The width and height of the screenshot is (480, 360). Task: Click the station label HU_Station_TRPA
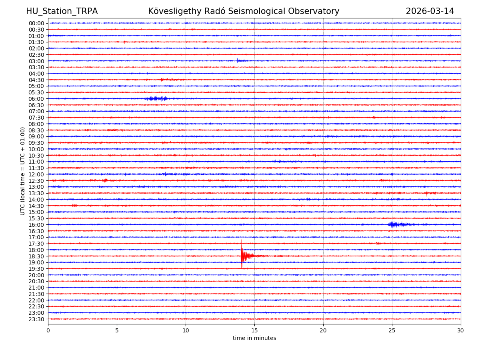pos(62,11)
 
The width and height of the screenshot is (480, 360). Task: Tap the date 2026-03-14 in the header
pos(430,11)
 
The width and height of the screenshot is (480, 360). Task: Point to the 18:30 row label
pos(36,256)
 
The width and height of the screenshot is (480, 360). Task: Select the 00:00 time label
pos(36,23)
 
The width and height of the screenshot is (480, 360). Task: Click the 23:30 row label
pos(36,319)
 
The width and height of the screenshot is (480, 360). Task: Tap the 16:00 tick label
pos(36,225)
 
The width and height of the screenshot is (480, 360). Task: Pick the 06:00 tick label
pos(36,99)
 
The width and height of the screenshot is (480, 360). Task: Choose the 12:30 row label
pos(36,181)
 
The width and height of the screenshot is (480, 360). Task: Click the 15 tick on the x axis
pos(254,330)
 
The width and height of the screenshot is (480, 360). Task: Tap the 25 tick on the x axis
pos(392,330)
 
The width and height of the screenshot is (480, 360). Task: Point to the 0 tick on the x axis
pos(48,330)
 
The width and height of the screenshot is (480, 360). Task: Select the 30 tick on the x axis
pos(461,330)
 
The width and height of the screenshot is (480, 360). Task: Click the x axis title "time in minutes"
pos(254,338)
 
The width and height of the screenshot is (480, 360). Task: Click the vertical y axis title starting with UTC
pos(23,171)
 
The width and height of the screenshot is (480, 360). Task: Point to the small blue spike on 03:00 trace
pos(238,61)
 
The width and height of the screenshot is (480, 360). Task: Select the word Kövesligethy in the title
pos(173,11)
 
